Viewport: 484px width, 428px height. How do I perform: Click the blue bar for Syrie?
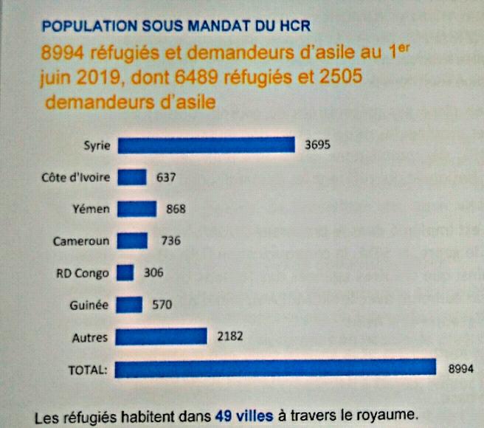(207, 145)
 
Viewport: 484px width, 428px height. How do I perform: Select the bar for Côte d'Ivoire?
(132, 177)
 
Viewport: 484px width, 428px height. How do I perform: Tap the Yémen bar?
(136, 209)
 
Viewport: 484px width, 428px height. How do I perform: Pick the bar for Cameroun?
(133, 241)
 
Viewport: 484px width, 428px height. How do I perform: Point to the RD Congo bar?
(125, 272)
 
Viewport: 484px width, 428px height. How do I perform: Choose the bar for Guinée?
(129, 304)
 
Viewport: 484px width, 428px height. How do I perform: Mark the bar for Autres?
(162, 336)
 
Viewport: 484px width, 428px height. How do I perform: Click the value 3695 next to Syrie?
(317, 145)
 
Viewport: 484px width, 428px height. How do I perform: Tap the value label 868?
(176, 209)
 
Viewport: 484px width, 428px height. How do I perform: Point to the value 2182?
(230, 336)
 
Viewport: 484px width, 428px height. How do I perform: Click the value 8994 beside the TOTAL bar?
(460, 368)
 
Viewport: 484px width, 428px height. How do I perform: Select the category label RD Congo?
(83, 273)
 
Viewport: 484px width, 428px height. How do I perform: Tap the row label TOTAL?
(87, 369)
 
